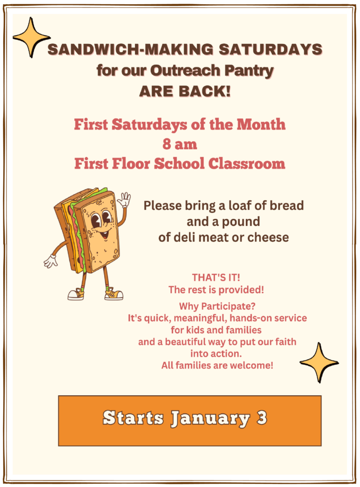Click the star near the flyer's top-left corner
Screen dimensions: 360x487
point(31,38)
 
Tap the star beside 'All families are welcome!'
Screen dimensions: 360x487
point(319,362)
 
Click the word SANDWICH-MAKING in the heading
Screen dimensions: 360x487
point(130,49)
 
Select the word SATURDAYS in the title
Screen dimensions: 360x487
point(271,49)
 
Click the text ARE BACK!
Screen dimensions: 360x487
point(185,91)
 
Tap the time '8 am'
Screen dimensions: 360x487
point(180,144)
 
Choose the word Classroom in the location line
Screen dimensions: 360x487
point(247,164)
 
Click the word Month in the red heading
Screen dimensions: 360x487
point(261,124)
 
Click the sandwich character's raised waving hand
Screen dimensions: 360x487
point(124,199)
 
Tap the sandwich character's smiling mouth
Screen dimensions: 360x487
point(105,234)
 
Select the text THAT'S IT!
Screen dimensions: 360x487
point(216,277)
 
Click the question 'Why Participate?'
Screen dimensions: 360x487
point(217,306)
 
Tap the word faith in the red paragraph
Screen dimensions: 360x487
point(284,341)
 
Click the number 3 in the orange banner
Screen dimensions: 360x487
point(262,418)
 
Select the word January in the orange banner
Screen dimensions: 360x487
point(210,419)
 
